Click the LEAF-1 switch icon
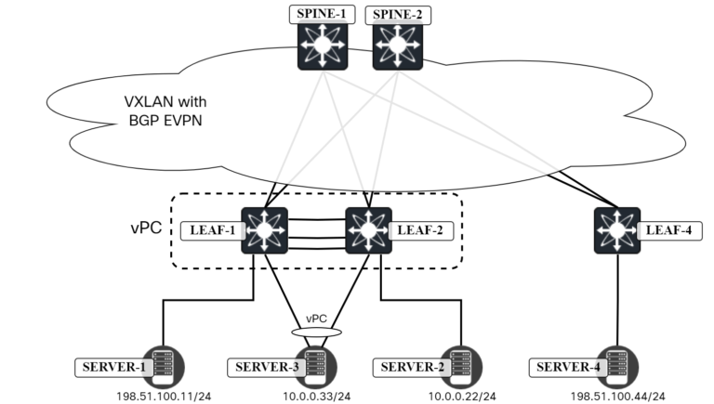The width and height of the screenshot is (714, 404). click(x=266, y=229)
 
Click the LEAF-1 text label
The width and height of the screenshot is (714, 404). click(x=212, y=229)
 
